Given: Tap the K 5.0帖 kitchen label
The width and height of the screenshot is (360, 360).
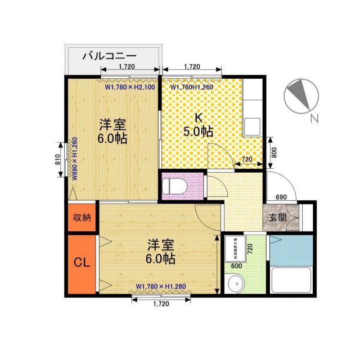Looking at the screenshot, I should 198,125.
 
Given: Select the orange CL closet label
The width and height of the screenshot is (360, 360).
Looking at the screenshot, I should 81,263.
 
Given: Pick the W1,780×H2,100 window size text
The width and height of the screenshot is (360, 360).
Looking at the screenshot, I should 129,87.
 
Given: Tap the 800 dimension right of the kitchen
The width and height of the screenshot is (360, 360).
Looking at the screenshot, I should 274,152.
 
